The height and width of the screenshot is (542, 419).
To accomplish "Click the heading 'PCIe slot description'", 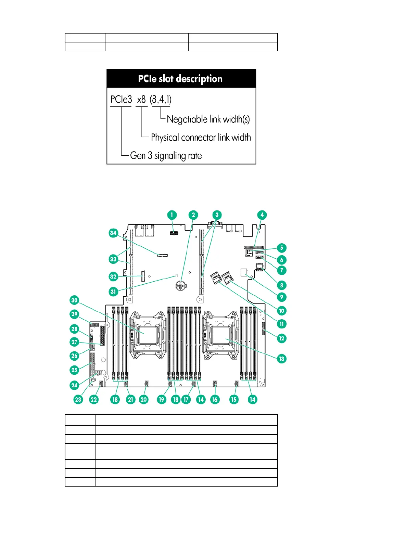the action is point(180,79).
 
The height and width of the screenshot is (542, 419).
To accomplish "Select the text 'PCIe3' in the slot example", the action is point(121,100).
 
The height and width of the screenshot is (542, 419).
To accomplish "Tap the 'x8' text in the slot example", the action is point(141,100).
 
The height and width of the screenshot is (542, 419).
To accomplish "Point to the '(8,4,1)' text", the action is point(161,100).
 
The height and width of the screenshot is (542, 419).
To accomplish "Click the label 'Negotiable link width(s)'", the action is point(208,119).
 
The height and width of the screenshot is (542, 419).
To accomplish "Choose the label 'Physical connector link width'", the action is point(201,138).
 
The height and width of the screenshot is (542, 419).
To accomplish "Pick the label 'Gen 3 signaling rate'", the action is point(166,156).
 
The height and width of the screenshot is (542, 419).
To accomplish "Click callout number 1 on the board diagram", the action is point(172,215).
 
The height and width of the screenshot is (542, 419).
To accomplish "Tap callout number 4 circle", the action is point(262,215).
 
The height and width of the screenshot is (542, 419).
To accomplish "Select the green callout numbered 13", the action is point(282,359).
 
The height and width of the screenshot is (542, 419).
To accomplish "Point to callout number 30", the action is point(74,300).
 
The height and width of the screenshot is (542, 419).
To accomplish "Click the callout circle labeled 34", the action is point(113,233).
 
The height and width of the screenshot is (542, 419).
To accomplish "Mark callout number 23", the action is point(78,399).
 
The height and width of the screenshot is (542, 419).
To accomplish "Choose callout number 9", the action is point(282,297).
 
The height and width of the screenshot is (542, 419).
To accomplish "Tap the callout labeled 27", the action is point(74,342).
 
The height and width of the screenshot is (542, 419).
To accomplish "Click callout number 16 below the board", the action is point(215,399).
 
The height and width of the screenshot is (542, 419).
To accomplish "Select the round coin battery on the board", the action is point(181,285).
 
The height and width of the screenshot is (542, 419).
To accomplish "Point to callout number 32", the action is point(113,276).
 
